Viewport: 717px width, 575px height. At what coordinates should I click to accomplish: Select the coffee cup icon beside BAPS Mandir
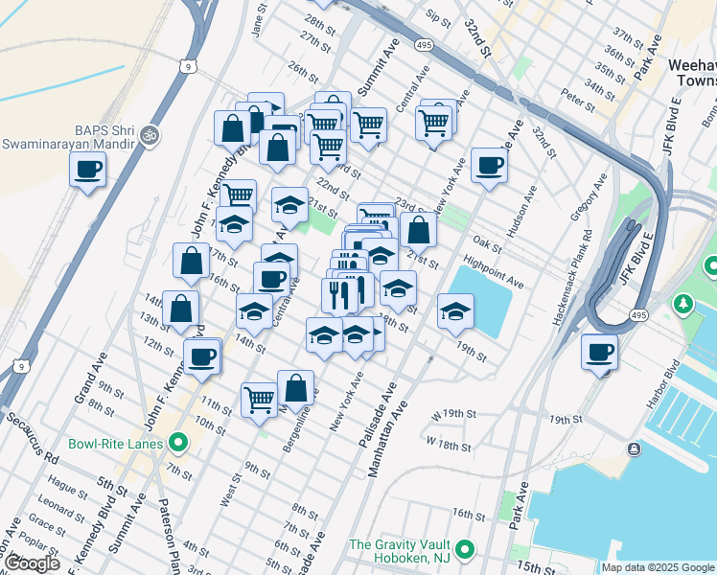(88, 170)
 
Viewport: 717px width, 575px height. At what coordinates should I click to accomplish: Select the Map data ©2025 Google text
(658, 567)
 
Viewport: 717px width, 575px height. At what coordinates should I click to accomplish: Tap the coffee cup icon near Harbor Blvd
(600, 353)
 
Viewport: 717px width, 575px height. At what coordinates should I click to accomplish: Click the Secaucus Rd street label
(31, 433)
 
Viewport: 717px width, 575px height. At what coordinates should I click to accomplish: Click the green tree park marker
(682, 305)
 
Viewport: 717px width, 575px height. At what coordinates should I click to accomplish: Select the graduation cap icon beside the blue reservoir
(456, 311)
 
